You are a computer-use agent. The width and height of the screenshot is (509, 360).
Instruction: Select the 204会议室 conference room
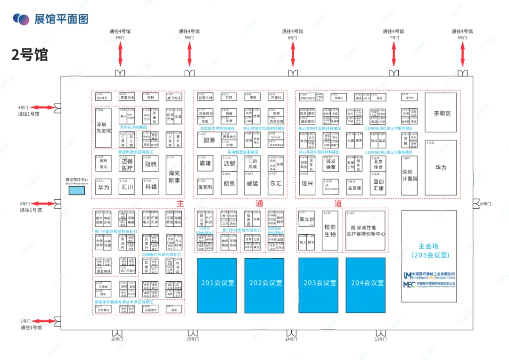coord(365,285)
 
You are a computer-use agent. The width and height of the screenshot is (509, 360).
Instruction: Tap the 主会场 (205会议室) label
coord(429,251)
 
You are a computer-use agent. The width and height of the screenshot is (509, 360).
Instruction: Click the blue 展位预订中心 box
coord(77,191)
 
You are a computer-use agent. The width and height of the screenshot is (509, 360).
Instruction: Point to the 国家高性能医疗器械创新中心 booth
coord(365,230)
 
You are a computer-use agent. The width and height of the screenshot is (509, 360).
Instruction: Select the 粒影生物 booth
coord(330,230)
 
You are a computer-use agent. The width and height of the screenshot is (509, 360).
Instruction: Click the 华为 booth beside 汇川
coord(103,187)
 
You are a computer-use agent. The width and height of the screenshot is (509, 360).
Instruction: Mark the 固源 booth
coord(209,140)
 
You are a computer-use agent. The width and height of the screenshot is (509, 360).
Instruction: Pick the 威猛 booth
coord(252,184)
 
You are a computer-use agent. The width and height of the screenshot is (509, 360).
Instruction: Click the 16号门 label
coord(117,339)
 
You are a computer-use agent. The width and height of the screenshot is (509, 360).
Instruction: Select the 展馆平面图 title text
coord(61,19)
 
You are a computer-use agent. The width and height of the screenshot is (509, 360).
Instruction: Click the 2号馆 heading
coord(30,55)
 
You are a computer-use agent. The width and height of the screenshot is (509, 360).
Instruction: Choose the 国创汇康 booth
coord(378,185)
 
